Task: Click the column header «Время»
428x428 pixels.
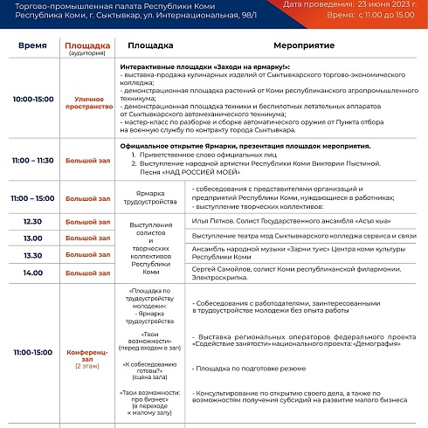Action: (x=32, y=44)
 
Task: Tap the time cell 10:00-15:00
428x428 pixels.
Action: (x=33, y=100)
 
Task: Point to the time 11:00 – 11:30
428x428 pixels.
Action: (x=33, y=161)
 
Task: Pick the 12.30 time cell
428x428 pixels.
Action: (x=33, y=222)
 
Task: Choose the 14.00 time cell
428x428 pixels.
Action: (x=33, y=273)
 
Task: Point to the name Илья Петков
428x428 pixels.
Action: (x=209, y=222)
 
